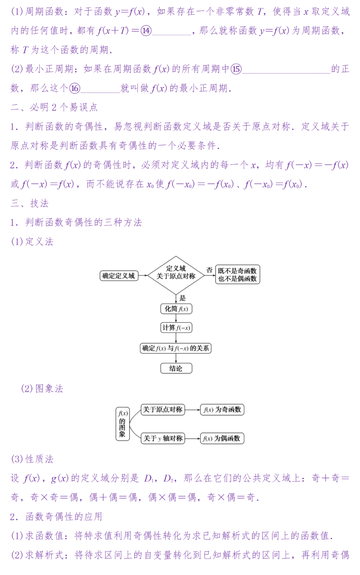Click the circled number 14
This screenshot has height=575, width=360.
tap(146, 31)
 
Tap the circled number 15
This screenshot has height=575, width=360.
tap(236, 69)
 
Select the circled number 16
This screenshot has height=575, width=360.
tap(75, 88)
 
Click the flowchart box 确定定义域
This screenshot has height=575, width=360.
tap(119, 276)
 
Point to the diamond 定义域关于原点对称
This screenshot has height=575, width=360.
tap(176, 275)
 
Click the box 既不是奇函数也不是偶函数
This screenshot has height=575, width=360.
tap(237, 275)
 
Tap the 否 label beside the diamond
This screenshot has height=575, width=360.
tap(209, 270)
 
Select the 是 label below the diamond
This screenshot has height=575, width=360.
tap(182, 298)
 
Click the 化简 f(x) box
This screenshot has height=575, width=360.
tap(176, 309)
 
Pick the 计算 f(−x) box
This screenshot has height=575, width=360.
tap(176, 328)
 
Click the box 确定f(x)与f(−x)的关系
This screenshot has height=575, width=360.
tap(176, 348)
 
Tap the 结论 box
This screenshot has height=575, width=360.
tap(176, 369)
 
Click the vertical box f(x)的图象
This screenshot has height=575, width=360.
tap(122, 424)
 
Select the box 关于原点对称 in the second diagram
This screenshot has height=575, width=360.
tap(163, 410)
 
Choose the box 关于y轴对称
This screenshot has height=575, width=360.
tap(163, 438)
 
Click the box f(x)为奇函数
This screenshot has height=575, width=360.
tap(222, 410)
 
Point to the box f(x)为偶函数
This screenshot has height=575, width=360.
tap(222, 438)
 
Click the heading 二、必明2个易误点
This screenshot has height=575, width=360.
tap(54, 107)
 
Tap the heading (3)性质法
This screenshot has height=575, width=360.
tap(32, 459)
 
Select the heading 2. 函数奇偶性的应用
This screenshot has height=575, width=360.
tap(56, 517)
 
